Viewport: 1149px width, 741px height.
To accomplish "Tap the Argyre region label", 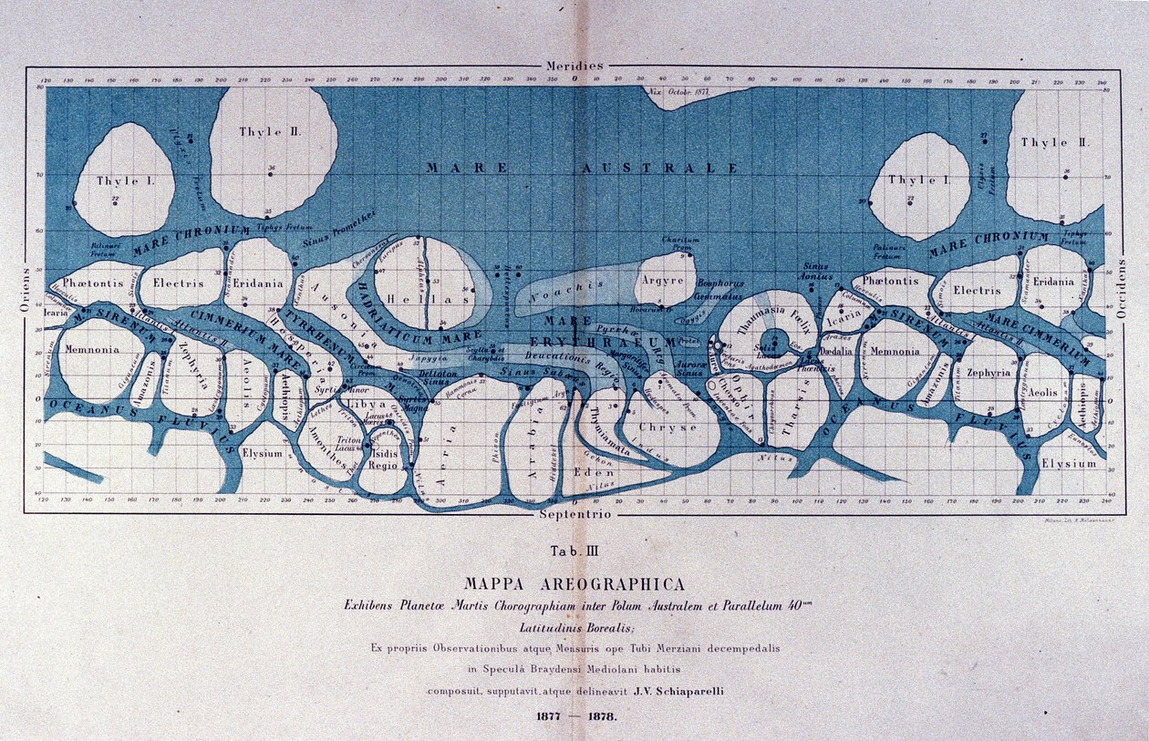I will point(663,281).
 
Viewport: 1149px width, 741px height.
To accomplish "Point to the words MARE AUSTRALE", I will point(583,168).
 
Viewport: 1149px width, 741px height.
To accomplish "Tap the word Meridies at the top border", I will point(574,66).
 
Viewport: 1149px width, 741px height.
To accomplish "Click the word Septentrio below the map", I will point(574,515).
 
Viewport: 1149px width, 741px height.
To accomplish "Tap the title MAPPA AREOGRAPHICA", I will point(574,583).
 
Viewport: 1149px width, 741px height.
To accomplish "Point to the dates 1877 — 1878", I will point(574,715).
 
